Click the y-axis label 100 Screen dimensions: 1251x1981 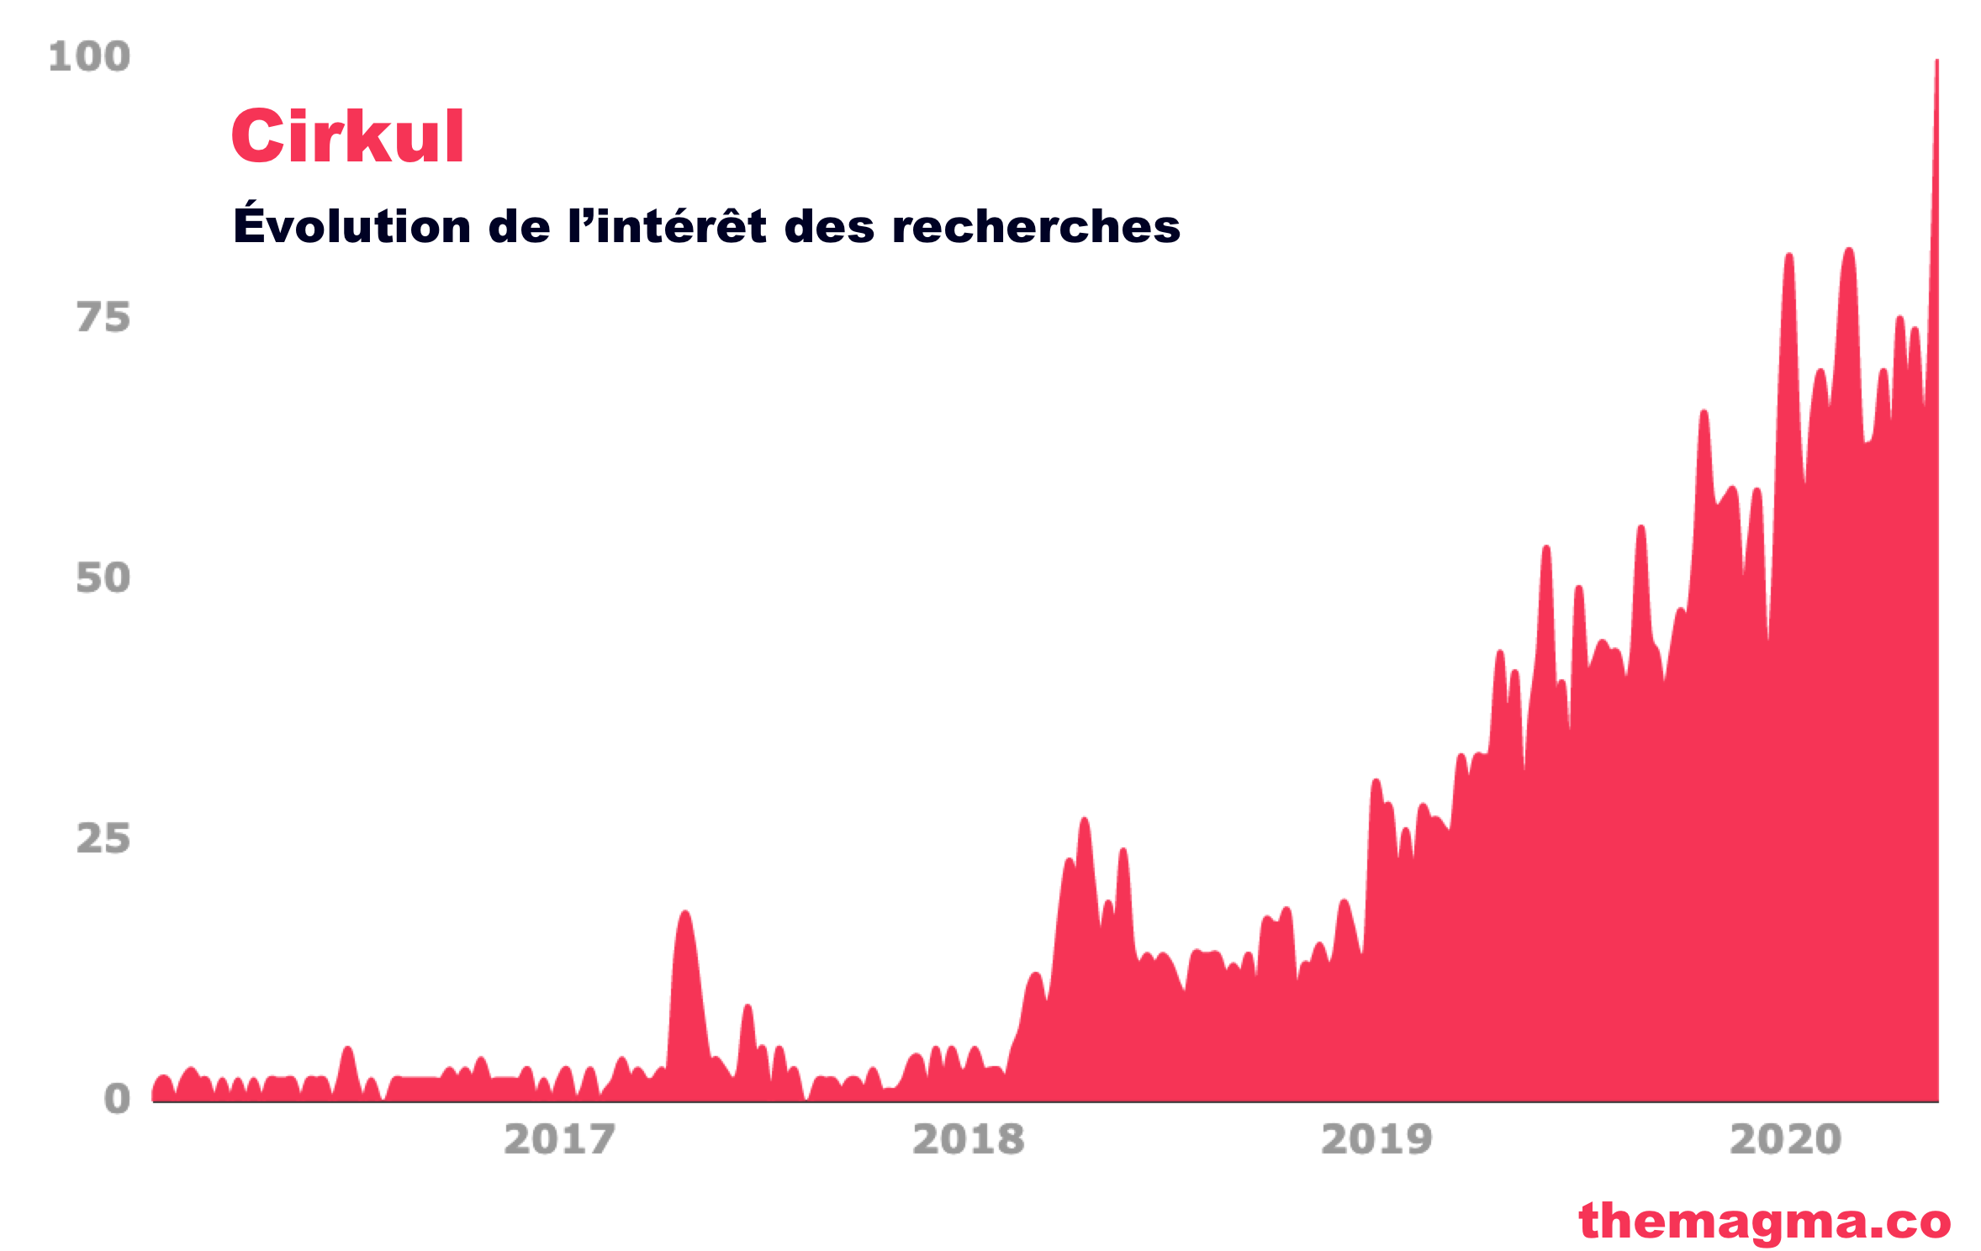coord(89,57)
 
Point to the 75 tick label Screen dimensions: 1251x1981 coord(103,318)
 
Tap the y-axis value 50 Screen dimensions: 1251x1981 coord(103,578)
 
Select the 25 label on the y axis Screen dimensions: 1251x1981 coord(103,839)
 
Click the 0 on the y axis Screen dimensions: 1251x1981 coord(117,1100)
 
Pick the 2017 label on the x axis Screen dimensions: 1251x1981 coord(559,1140)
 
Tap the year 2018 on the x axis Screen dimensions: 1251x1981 coord(968,1140)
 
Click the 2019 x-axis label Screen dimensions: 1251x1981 coord(1376,1140)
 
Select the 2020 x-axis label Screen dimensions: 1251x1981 coord(1785,1140)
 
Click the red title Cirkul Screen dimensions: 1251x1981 coord(347,136)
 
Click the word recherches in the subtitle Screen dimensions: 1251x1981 coord(1036,227)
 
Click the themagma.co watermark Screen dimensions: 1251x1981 coord(1764,1221)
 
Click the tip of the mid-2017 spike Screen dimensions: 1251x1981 coord(685,913)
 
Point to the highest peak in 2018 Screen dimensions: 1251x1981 coord(1084,820)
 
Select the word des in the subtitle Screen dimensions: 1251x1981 coord(829,227)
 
